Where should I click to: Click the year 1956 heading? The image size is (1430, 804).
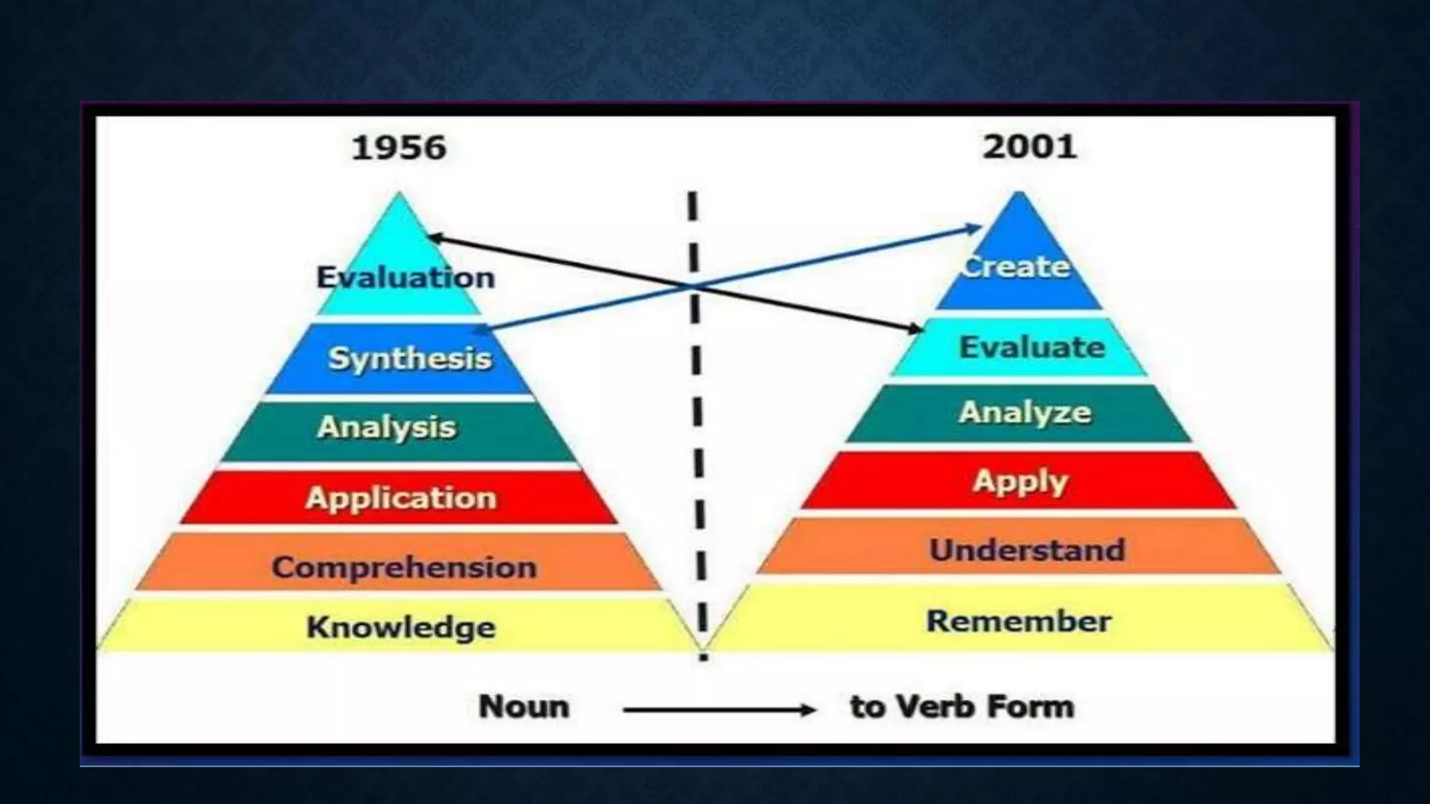(x=399, y=148)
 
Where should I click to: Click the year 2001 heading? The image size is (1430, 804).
(x=1029, y=147)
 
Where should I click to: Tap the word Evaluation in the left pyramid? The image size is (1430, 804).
(x=406, y=278)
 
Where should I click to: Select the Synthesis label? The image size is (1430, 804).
(x=410, y=359)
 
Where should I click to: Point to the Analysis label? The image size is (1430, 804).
(x=386, y=427)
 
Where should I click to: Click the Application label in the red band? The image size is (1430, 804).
(x=401, y=498)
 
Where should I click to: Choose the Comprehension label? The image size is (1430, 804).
(x=404, y=567)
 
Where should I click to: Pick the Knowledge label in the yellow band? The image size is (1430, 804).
(x=401, y=627)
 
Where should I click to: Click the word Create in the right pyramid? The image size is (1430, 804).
(x=1016, y=267)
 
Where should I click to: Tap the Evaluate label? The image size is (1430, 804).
(x=1032, y=347)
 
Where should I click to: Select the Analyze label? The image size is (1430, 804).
(x=1024, y=412)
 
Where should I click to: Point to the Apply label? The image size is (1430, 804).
(x=1021, y=482)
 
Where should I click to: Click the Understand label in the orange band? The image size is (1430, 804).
(x=1027, y=550)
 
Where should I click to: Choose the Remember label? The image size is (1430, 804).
(x=1019, y=621)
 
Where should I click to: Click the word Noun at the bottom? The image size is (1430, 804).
(x=524, y=706)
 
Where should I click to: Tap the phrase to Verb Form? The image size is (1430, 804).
(x=962, y=706)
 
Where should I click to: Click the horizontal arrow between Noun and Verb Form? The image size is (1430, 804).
(x=719, y=710)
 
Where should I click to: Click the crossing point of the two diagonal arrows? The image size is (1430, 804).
(x=693, y=286)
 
